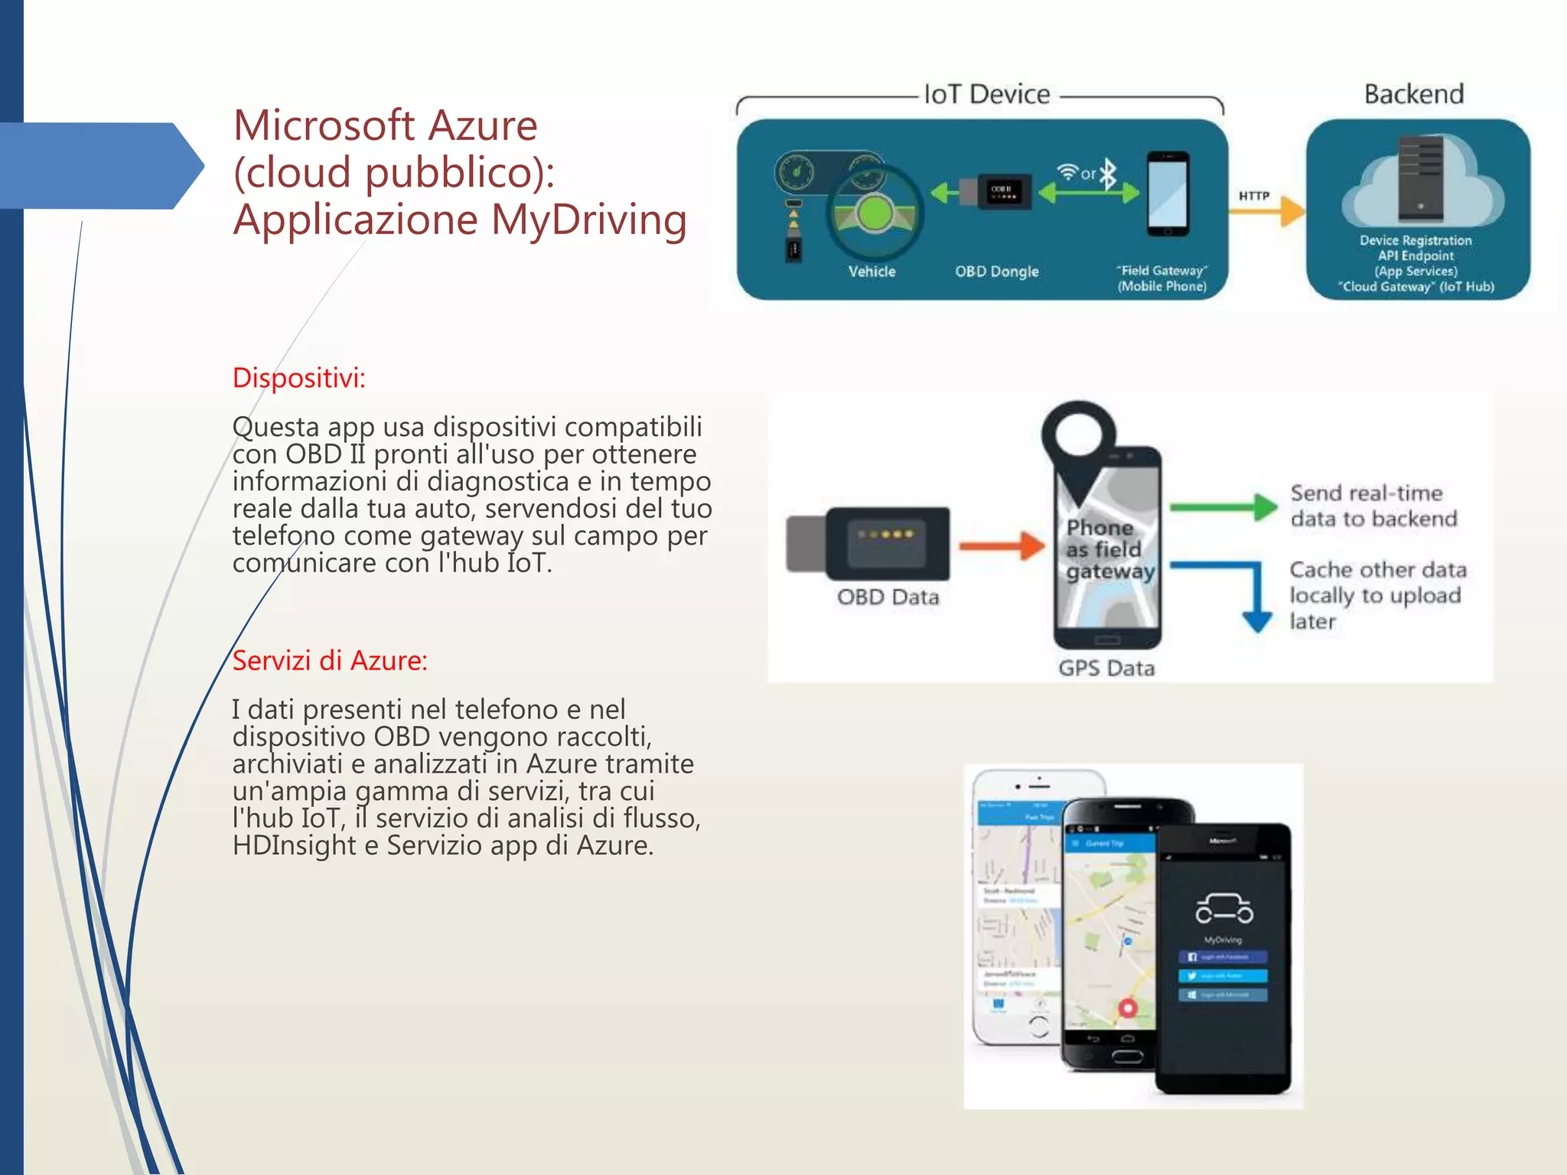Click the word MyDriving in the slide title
pyautogui.click(x=588, y=220)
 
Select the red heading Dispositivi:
pyautogui.click(x=299, y=378)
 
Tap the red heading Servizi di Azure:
pyautogui.click(x=330, y=660)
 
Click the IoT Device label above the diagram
pyautogui.click(x=987, y=94)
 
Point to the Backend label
pyautogui.click(x=1414, y=94)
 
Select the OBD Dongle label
pyautogui.click(x=996, y=272)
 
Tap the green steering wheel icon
pyautogui.click(x=874, y=214)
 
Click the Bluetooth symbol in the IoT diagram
pyautogui.click(x=1108, y=174)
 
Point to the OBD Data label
pyautogui.click(x=888, y=597)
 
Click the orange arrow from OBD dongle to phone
pyautogui.click(x=1002, y=545)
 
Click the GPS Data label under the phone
pyautogui.click(x=1106, y=669)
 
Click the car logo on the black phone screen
pyautogui.click(x=1224, y=910)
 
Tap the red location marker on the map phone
pyautogui.click(x=1128, y=1008)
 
